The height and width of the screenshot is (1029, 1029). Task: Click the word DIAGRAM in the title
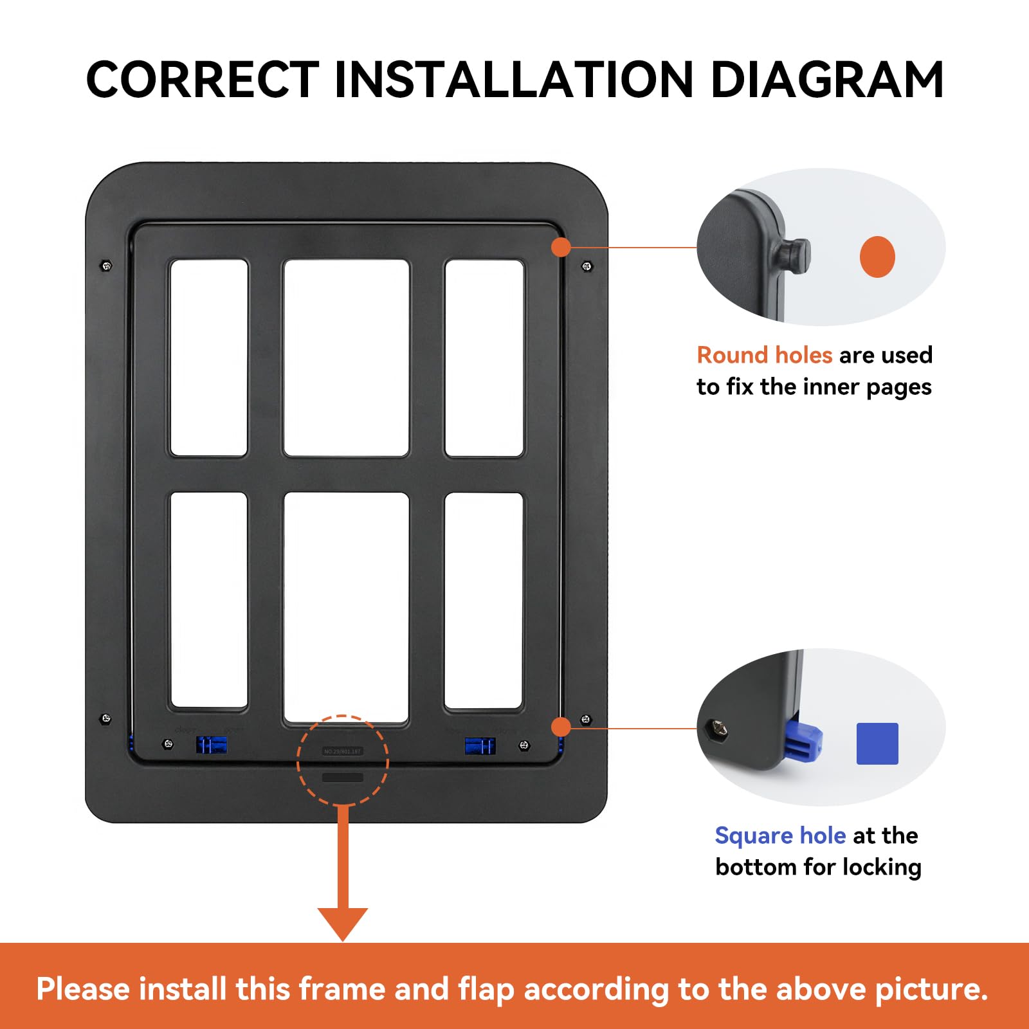pyautogui.click(x=827, y=80)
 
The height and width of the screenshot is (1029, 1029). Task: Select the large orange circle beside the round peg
pyautogui.click(x=877, y=257)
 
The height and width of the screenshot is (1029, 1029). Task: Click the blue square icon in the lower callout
pyautogui.click(x=877, y=743)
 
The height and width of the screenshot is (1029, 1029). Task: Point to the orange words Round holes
pyautogui.click(x=764, y=355)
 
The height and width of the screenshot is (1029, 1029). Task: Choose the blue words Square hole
pyautogui.click(x=780, y=835)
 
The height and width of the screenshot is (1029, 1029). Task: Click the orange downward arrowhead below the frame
pyautogui.click(x=343, y=923)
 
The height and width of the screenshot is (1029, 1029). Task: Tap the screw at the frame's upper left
pyautogui.click(x=107, y=266)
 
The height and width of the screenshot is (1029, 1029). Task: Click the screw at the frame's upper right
pyautogui.click(x=587, y=266)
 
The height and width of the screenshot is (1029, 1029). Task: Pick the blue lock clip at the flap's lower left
pyautogui.click(x=211, y=745)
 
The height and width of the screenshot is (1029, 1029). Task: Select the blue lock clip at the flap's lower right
pyautogui.click(x=480, y=745)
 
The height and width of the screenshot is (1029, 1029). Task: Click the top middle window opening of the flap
pyautogui.click(x=347, y=358)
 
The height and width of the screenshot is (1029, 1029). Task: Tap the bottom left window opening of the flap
pyautogui.click(x=209, y=600)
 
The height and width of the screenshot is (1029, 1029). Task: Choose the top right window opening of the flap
pyautogui.click(x=484, y=358)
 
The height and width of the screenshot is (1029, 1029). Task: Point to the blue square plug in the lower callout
pyautogui.click(x=803, y=743)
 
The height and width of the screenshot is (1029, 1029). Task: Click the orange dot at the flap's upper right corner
pyautogui.click(x=561, y=246)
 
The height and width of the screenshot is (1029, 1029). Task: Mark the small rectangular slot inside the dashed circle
pyautogui.click(x=343, y=778)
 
